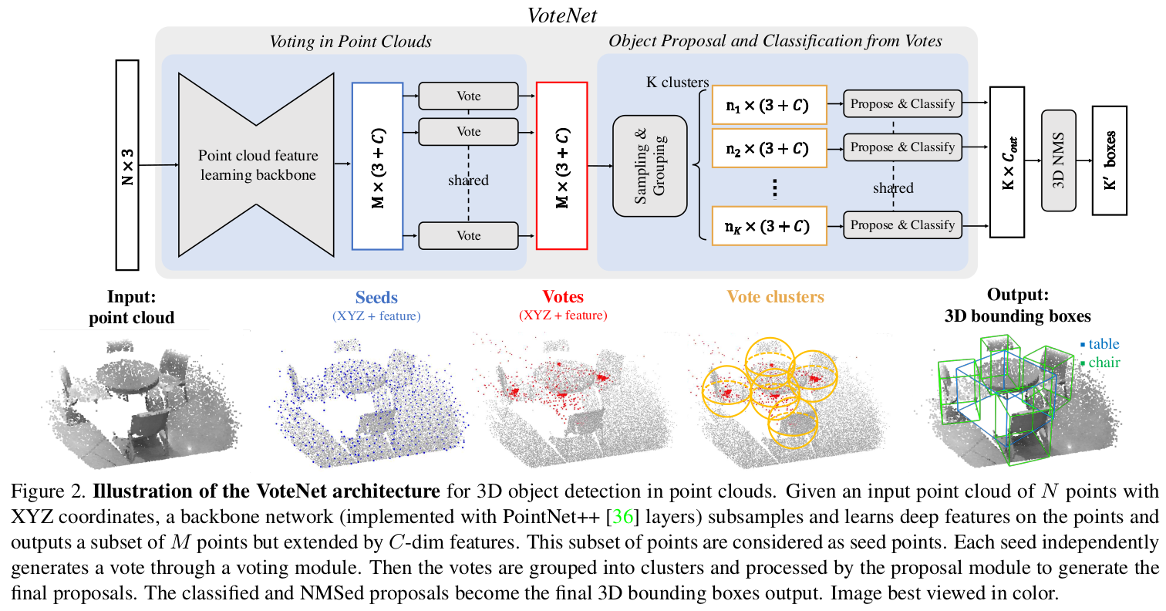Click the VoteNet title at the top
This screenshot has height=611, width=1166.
561,15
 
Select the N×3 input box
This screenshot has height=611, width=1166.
127,165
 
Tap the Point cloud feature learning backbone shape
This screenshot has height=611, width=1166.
256,164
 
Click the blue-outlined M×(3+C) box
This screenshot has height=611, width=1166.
377,166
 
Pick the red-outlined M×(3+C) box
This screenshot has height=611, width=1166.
561,166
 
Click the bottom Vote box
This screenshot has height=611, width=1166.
469,235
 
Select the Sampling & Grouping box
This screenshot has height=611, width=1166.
649,166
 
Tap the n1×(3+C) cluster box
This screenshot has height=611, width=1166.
770,105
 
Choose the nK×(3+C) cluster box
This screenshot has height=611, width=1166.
770,226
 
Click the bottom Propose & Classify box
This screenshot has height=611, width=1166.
902,225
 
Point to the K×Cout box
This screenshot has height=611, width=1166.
1007,163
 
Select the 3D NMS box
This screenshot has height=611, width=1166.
1059,160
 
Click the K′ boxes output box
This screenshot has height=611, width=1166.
1110,160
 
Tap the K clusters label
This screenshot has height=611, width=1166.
677,83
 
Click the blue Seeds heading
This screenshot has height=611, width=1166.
376,297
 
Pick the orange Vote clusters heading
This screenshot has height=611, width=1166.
776,296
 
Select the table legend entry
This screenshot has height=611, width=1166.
1100,344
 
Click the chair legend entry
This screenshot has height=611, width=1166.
1100,362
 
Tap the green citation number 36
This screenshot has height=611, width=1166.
623,516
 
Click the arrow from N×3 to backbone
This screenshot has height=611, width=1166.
159,165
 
